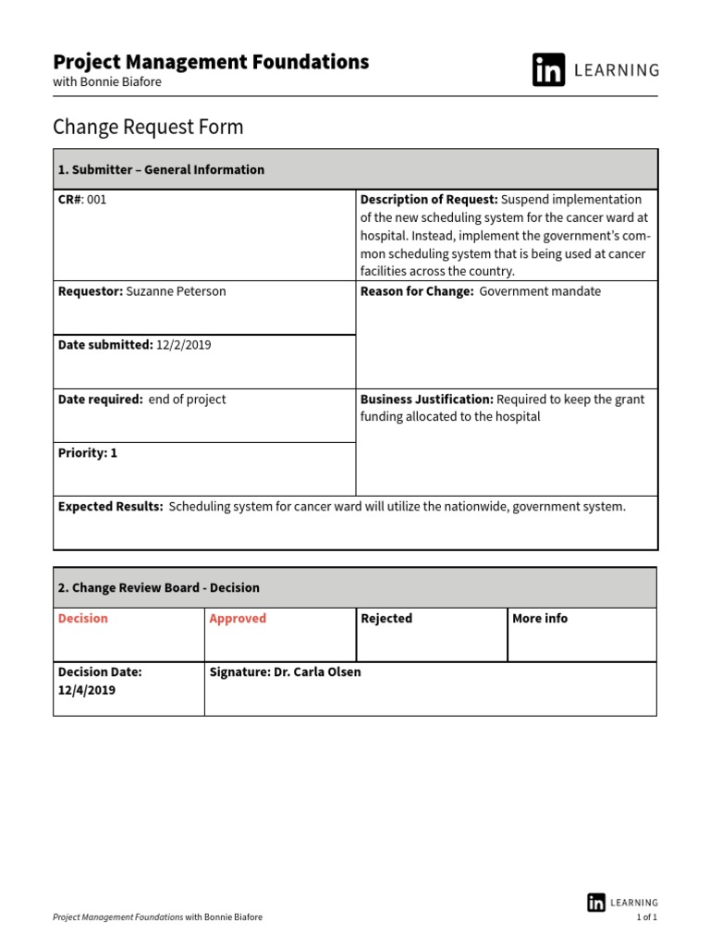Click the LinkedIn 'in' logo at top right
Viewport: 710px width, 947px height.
pos(548,70)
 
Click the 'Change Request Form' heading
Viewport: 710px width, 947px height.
pos(148,127)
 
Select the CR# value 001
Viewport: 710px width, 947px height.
pos(96,199)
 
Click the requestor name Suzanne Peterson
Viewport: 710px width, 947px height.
pos(176,291)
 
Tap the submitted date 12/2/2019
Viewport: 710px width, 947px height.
pos(184,345)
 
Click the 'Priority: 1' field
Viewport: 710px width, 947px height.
pos(88,453)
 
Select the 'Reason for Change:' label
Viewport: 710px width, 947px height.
pos(416,291)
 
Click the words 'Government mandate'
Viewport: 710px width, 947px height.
pos(540,291)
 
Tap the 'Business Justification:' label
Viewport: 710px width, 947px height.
pos(426,400)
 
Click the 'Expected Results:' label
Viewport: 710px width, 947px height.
pos(110,507)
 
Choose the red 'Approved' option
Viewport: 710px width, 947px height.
pos(238,619)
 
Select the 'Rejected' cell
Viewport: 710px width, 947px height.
pos(386,619)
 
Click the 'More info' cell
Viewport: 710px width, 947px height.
pos(540,619)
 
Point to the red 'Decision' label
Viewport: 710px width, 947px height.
pos(83,619)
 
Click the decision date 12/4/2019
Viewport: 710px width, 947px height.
pos(87,690)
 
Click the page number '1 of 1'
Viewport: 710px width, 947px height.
pos(646,917)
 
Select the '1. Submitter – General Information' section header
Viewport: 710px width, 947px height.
pos(161,170)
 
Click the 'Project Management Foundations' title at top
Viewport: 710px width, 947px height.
pos(211,62)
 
